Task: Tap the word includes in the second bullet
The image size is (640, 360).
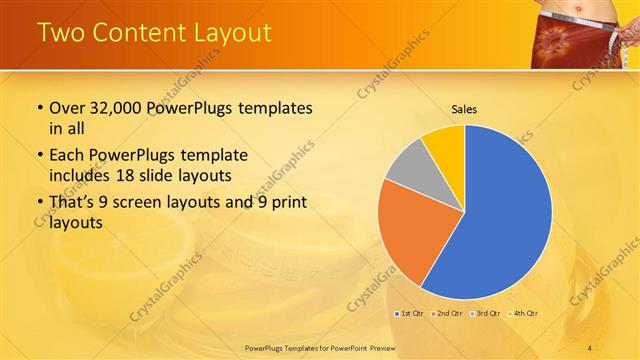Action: (x=80, y=174)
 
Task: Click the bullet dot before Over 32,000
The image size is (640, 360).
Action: (x=38, y=108)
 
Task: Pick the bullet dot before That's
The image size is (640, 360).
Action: (x=38, y=202)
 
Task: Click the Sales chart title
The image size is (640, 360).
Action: (x=464, y=109)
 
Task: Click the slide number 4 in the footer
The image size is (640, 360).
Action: (x=590, y=347)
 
